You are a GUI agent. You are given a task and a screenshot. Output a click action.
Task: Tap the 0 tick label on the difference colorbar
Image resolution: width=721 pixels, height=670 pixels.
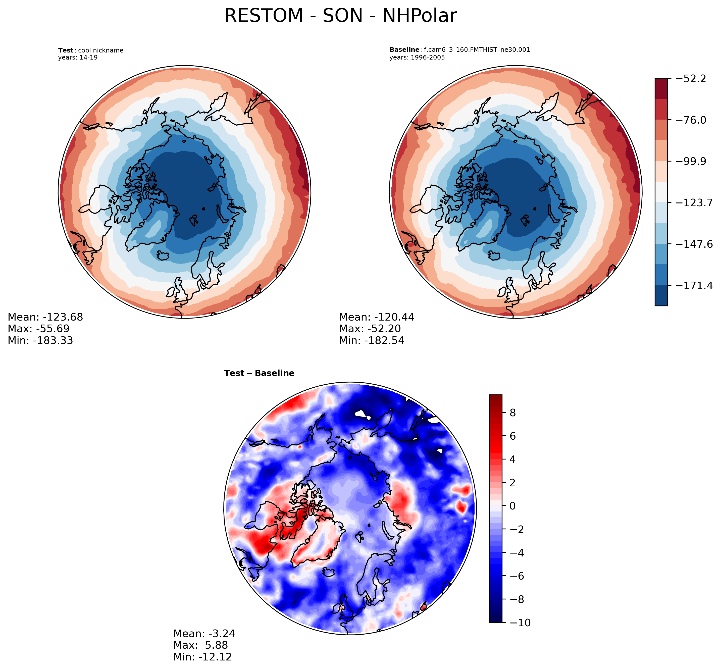[512, 506]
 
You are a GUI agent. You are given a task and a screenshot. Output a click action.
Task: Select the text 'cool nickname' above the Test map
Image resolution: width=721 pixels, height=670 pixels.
[100, 50]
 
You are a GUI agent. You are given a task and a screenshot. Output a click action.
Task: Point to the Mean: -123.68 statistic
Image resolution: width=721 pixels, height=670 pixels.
[45, 317]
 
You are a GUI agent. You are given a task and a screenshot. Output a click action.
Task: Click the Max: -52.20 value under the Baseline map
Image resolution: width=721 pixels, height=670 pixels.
[370, 329]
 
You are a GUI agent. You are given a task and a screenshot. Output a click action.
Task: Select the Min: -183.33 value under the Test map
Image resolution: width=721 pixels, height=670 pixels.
[40, 340]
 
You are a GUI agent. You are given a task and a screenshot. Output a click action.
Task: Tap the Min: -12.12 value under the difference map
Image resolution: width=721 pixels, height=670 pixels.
[202, 657]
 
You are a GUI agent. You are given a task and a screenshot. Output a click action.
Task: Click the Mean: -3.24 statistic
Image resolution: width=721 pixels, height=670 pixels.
[204, 633]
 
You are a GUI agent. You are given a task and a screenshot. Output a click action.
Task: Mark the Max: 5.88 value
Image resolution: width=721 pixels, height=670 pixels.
[200, 645]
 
